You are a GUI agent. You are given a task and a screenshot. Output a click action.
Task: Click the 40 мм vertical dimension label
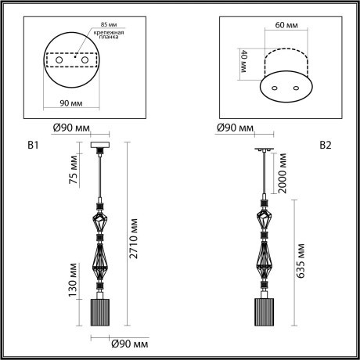[243, 59]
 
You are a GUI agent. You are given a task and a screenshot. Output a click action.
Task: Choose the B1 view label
[34, 145]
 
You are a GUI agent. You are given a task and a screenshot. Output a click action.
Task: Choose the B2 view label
[326, 145]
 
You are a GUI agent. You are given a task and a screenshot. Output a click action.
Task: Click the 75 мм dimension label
[73, 171]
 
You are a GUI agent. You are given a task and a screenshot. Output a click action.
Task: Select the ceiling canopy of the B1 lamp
[102, 146]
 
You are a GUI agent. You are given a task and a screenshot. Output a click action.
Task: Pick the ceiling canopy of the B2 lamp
[264, 149]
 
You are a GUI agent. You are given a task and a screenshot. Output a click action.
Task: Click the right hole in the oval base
[295, 88]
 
